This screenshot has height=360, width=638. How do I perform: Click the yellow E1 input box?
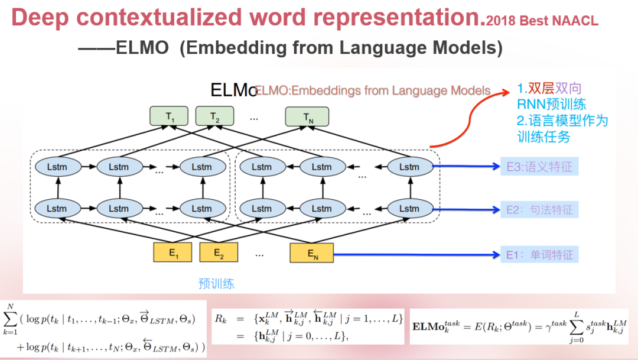pos(172,252)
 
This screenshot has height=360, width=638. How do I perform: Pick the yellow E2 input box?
pos(218,252)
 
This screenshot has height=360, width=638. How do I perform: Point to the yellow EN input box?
pos(311,252)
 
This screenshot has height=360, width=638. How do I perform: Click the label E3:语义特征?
pos(539,167)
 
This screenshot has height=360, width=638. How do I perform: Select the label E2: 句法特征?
pos(539,209)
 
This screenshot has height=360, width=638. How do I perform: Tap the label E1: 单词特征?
pos(539,255)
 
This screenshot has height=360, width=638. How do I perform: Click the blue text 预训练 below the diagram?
pos(216,284)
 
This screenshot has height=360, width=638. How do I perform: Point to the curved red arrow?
pos(467,118)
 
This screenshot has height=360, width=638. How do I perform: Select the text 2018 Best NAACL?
pos(542,21)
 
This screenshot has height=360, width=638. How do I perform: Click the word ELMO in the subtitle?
pos(142,47)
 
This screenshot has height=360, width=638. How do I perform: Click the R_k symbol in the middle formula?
pos(221,319)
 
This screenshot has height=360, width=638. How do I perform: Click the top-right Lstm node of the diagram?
pos(409,167)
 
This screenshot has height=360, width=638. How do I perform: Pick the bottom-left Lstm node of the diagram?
pos(57,208)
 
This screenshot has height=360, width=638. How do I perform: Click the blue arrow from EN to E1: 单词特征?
pos(414,255)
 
